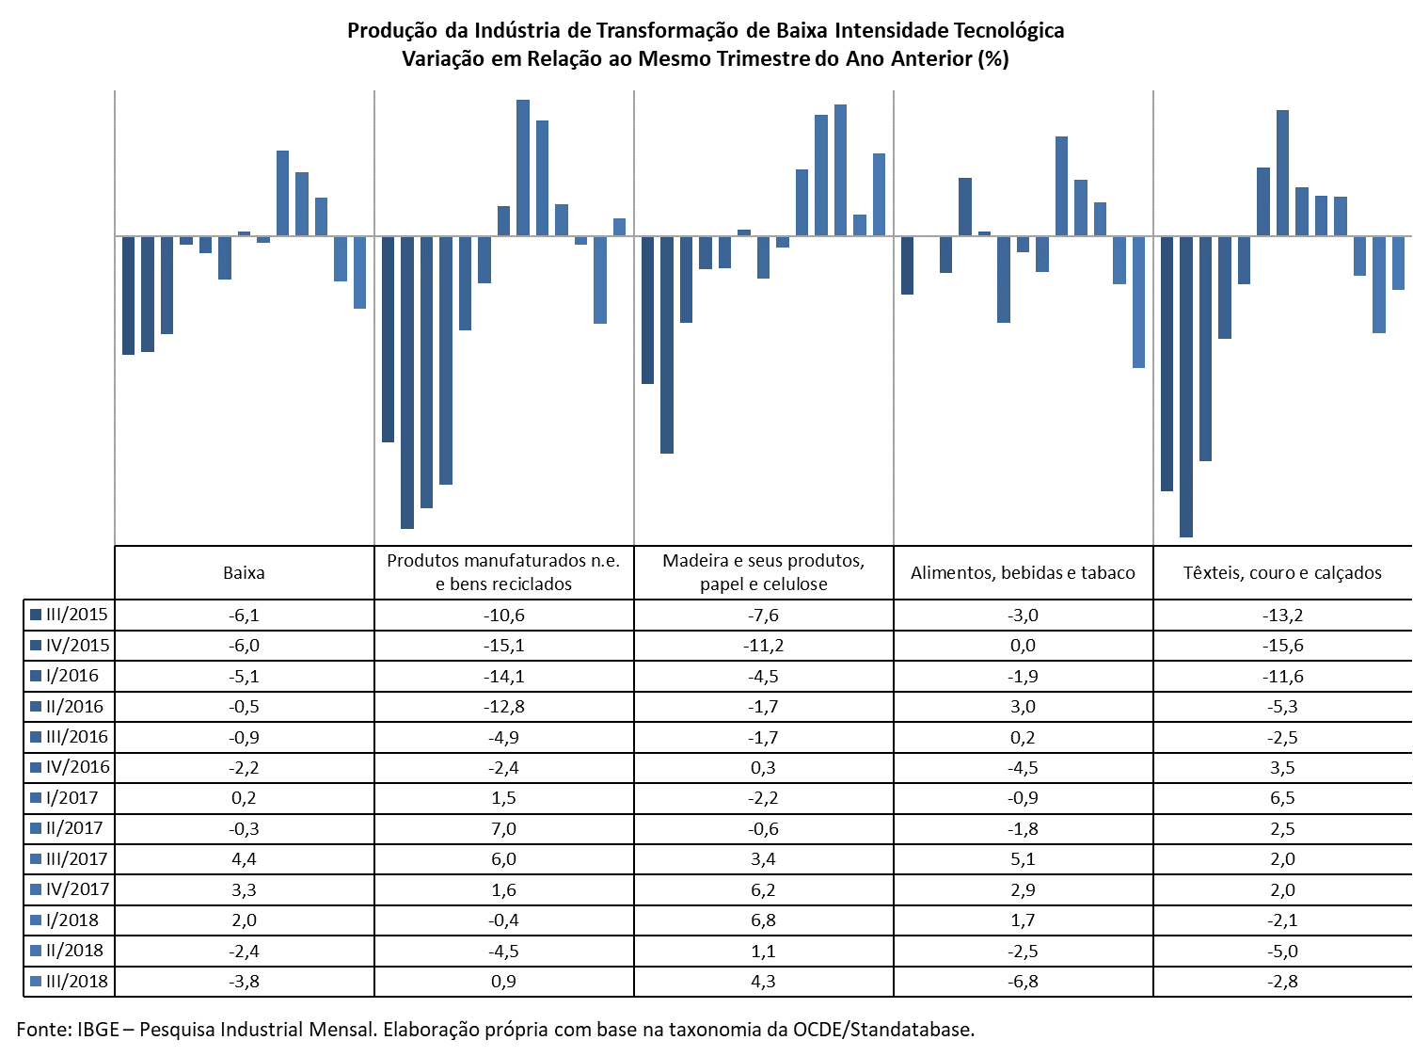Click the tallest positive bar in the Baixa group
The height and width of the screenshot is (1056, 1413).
282,193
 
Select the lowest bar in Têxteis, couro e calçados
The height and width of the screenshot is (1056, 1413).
1185,386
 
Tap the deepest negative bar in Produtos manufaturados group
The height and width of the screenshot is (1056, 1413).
406,382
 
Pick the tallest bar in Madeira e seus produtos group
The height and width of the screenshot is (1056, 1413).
840,170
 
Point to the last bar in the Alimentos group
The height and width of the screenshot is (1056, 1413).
1138,302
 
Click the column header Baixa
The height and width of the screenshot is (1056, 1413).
244,572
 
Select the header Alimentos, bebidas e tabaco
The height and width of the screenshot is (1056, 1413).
1023,572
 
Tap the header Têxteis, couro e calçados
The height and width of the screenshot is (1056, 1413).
1281,572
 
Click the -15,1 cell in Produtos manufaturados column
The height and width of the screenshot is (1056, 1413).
504,646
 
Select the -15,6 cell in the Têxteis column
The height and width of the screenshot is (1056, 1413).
1282,646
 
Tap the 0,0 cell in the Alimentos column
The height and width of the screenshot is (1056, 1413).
1023,646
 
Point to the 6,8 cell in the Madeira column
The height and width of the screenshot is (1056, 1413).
764,920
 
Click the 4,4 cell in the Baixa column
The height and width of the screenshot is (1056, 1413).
244,859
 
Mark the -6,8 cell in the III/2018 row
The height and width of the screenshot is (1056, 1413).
1023,982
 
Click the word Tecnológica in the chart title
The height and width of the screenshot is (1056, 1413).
1008,30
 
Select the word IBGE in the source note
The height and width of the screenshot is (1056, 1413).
99,1030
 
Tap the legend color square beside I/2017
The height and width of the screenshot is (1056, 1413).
36,798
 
